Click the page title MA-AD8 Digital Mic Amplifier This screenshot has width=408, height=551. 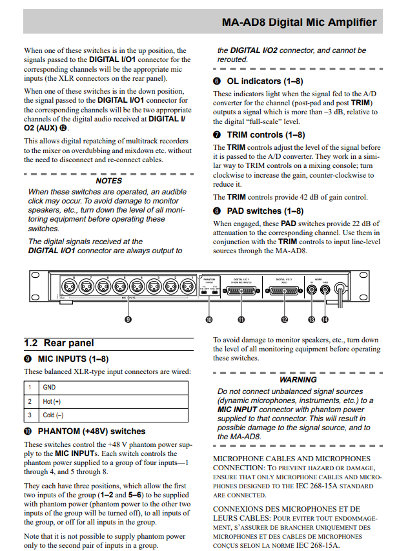click(x=299, y=22)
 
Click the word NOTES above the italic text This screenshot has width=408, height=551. click(x=108, y=181)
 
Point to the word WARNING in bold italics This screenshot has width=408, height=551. click(x=298, y=380)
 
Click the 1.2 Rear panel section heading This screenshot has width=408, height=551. click(x=59, y=343)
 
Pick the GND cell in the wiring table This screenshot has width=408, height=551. click(x=49, y=388)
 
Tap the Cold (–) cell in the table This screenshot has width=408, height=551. click(x=54, y=415)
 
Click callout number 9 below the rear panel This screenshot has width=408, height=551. click(x=128, y=319)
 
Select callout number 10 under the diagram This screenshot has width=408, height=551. click(x=209, y=319)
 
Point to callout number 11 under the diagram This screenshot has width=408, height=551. click(x=241, y=319)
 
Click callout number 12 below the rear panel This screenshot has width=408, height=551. click(x=285, y=319)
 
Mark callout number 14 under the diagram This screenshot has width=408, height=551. click(x=325, y=319)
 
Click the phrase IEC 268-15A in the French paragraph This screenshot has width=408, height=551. click(x=318, y=545)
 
